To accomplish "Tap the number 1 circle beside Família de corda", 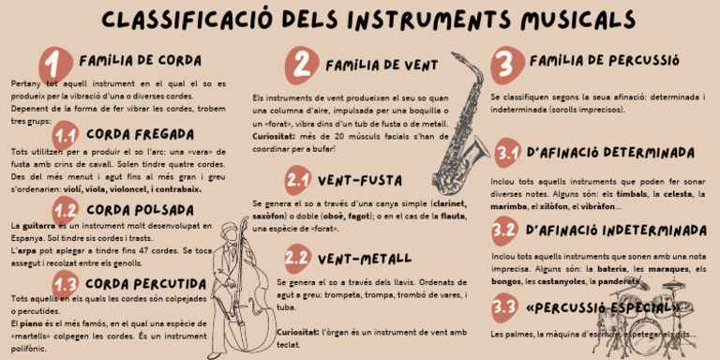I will [55, 65].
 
